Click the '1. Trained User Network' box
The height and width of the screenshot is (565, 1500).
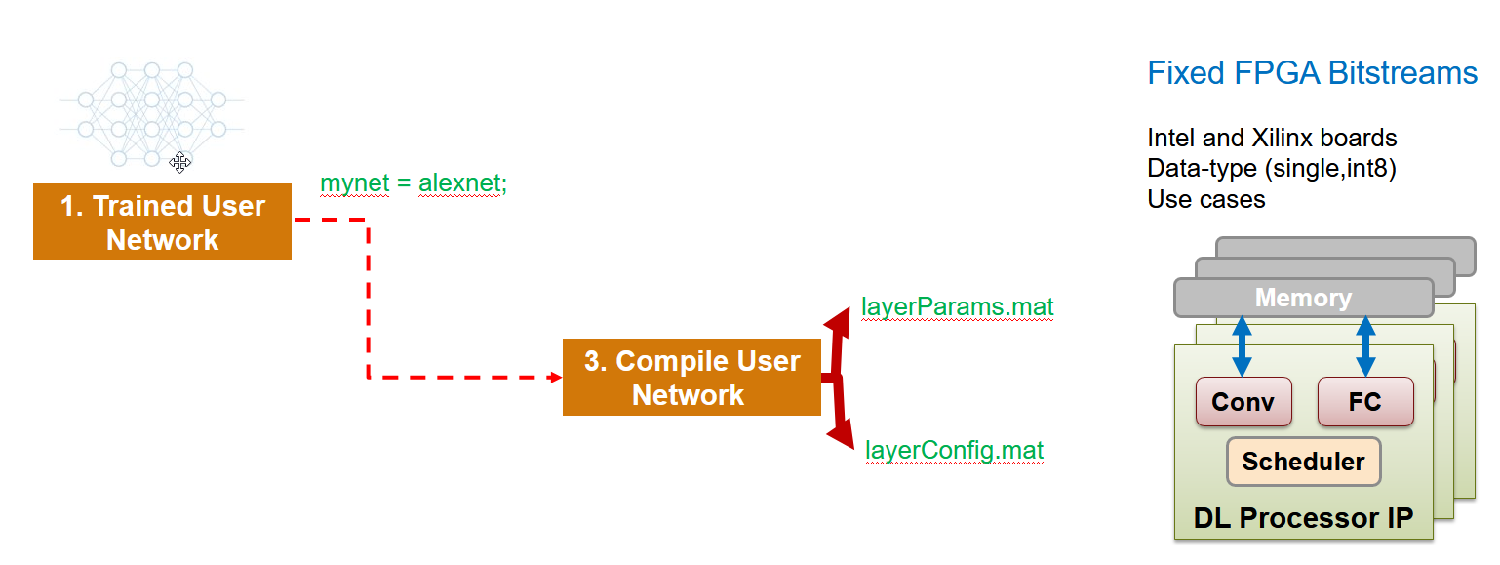[162, 222]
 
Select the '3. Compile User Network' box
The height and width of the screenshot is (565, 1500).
[691, 377]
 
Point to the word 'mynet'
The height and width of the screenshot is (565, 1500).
[350, 183]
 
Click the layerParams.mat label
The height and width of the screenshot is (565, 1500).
[957, 307]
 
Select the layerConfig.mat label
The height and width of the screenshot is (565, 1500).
[954, 450]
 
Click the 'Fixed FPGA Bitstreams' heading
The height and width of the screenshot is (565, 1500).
[1312, 73]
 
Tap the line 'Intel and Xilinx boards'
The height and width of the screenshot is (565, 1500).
[1272, 138]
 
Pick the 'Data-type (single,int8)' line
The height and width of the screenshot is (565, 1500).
[1272, 169]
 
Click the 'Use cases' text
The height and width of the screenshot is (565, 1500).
[1205, 199]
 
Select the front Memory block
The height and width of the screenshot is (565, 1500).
[1303, 298]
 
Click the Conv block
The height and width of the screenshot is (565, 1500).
[1243, 402]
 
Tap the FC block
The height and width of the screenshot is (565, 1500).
[1364, 402]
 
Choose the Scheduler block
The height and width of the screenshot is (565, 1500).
[1303, 462]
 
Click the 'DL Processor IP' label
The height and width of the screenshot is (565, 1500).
[1303, 517]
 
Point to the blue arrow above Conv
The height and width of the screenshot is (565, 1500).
[1242, 346]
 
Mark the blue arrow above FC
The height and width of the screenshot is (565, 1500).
[1365, 346]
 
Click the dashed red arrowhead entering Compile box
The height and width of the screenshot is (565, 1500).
[554, 377]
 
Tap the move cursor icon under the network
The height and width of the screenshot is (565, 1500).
[179, 163]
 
